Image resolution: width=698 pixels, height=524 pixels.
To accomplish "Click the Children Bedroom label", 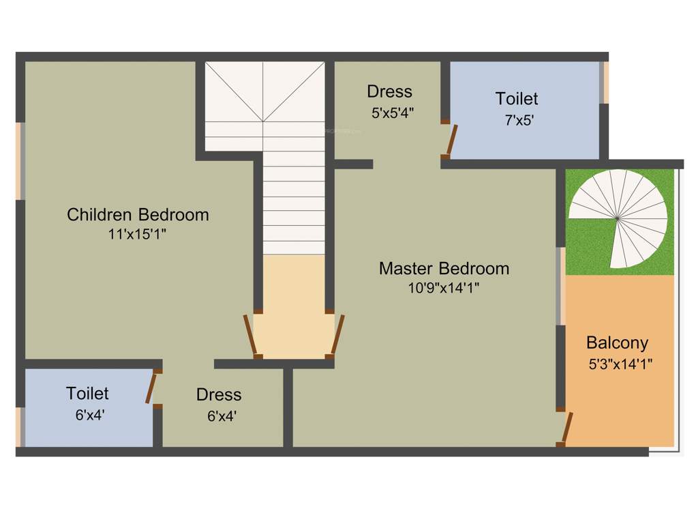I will pos(138,215).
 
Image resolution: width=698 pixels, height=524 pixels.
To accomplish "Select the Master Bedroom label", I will pos(444,268).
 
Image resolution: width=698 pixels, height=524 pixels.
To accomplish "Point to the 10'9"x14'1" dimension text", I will pos(444,288).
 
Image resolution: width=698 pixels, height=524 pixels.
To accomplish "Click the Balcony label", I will pos(617,343).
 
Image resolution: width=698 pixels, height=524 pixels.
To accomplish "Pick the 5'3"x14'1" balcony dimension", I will pos(620,364).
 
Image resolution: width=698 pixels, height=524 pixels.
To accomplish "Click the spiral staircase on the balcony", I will pos(618,218).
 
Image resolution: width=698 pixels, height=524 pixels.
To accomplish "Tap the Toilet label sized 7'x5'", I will pos(516,99).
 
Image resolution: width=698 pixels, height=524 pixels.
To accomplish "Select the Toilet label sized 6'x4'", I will pos(87,394).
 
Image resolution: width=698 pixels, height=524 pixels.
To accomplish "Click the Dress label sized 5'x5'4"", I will pos(389,91).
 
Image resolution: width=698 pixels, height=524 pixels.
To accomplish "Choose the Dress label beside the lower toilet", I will pos(219,395).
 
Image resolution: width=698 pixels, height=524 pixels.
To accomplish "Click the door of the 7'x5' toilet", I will pos(451,140).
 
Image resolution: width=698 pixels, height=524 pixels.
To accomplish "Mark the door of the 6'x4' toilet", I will pos(151,389).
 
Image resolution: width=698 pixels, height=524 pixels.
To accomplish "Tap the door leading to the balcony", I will pos(566,428).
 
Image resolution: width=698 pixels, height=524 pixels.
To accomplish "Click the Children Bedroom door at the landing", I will pos(250,335).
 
